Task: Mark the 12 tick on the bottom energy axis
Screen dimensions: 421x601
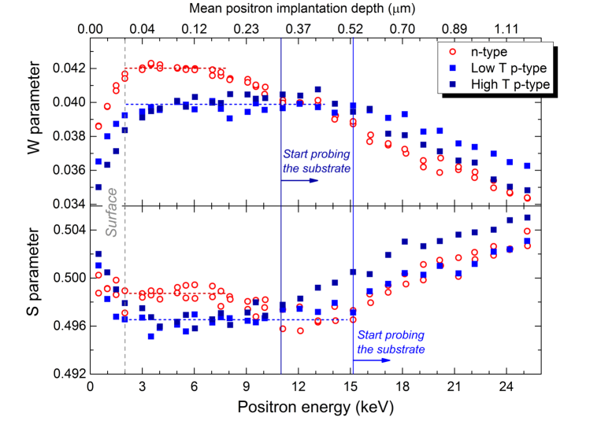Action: (x=299, y=388)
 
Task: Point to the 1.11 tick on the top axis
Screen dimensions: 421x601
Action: (x=506, y=29)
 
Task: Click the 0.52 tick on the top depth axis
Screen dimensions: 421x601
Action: (x=351, y=29)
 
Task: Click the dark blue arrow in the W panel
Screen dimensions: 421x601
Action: (x=300, y=180)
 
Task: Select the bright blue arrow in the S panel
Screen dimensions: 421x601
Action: (x=372, y=360)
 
